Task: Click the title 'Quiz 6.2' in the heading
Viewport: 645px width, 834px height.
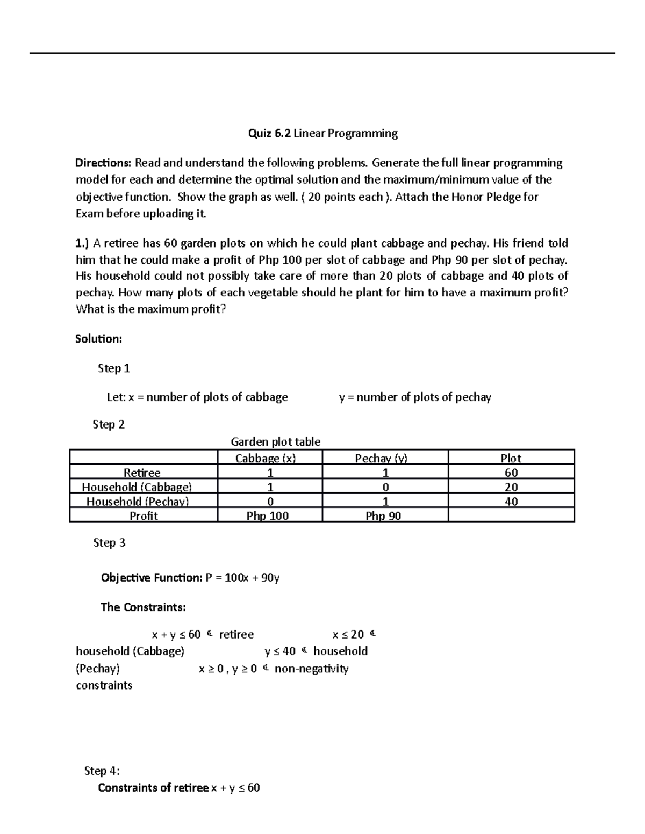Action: (269, 134)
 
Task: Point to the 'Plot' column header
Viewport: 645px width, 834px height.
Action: (511, 458)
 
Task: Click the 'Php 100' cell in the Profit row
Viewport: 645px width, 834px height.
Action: (267, 516)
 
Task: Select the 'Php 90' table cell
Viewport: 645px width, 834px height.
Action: (383, 516)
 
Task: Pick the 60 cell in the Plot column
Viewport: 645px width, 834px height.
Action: (511, 473)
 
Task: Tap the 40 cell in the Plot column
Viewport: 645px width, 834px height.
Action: (511, 502)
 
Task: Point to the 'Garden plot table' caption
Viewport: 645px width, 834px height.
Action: (275, 442)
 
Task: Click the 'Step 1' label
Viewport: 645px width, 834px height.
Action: (114, 368)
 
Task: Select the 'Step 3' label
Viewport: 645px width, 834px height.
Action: (109, 542)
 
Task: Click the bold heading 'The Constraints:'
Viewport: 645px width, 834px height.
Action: (143, 607)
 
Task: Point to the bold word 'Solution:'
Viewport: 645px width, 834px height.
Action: (98, 339)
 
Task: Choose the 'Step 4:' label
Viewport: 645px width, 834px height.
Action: (102, 771)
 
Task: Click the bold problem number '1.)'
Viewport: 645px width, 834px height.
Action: (83, 244)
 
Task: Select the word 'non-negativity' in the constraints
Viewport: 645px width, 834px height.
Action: (311, 669)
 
